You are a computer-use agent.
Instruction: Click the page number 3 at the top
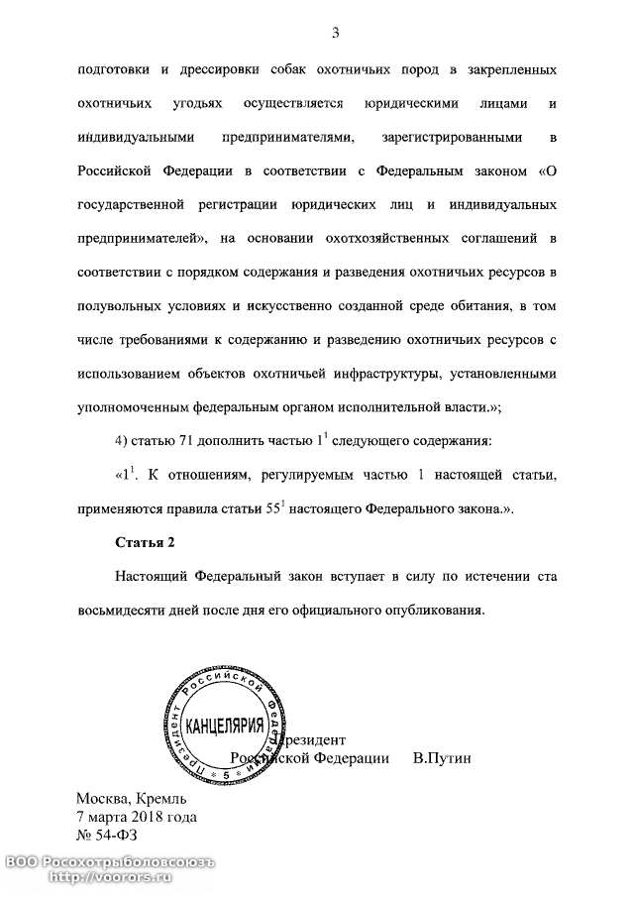point(336,36)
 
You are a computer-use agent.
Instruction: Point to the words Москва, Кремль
point(132,799)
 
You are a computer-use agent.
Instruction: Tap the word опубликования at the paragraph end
point(433,609)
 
